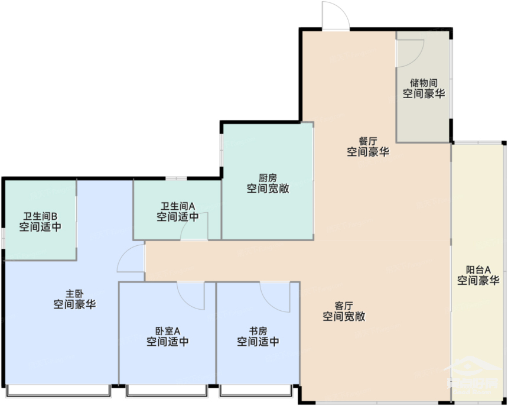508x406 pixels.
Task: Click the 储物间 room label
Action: [x=424, y=82]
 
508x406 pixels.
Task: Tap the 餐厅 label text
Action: [x=368, y=141]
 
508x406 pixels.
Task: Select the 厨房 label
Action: [x=268, y=178]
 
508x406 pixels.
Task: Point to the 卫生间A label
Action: [x=178, y=206]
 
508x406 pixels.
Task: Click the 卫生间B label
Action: [x=40, y=216]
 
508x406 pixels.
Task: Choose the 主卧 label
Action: [x=75, y=294]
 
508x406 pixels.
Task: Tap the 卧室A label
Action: [x=168, y=331]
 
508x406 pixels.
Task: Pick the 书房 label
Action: [x=258, y=331]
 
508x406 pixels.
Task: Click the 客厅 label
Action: [x=344, y=306]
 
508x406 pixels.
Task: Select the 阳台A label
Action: [x=478, y=269]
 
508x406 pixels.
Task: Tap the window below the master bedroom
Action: [x=58, y=390]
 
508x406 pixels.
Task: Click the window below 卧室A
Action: [x=167, y=390]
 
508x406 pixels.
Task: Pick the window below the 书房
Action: [x=256, y=390]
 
